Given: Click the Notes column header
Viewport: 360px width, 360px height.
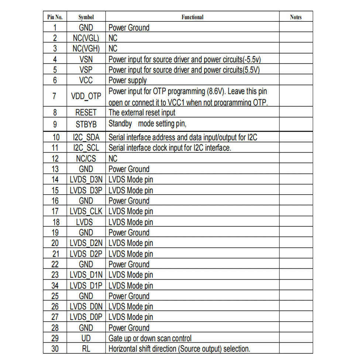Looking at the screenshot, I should (295, 17).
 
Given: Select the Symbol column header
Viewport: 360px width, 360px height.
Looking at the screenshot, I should (86, 17).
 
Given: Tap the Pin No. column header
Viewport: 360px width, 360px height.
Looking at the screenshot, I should (55, 17).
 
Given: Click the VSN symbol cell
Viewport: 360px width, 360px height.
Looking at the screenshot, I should (86, 59).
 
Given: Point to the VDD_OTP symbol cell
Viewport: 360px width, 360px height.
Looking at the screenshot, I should (86, 96).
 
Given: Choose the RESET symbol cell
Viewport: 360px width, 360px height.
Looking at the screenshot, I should (86, 113).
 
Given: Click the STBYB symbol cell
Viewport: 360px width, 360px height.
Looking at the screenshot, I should (86, 124).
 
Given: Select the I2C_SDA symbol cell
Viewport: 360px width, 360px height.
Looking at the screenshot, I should (86, 138).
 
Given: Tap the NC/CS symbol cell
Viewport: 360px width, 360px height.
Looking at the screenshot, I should (86, 159).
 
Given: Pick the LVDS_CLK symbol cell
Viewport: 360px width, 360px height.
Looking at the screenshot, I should (86, 212).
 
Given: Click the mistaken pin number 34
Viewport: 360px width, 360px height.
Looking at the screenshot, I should (55, 285).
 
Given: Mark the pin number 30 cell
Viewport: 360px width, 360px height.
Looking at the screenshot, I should (55, 349).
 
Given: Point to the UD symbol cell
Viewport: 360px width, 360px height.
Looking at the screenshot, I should (86, 338).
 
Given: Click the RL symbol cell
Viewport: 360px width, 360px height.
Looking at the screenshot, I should (86, 349).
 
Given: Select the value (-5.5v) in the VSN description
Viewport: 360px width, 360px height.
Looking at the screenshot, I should (254, 59).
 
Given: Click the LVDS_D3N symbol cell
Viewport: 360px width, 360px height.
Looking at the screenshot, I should (86, 180).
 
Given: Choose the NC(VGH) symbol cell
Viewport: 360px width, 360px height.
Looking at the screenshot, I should (86, 49).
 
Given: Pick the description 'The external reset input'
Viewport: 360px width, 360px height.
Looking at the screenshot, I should (142, 113).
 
